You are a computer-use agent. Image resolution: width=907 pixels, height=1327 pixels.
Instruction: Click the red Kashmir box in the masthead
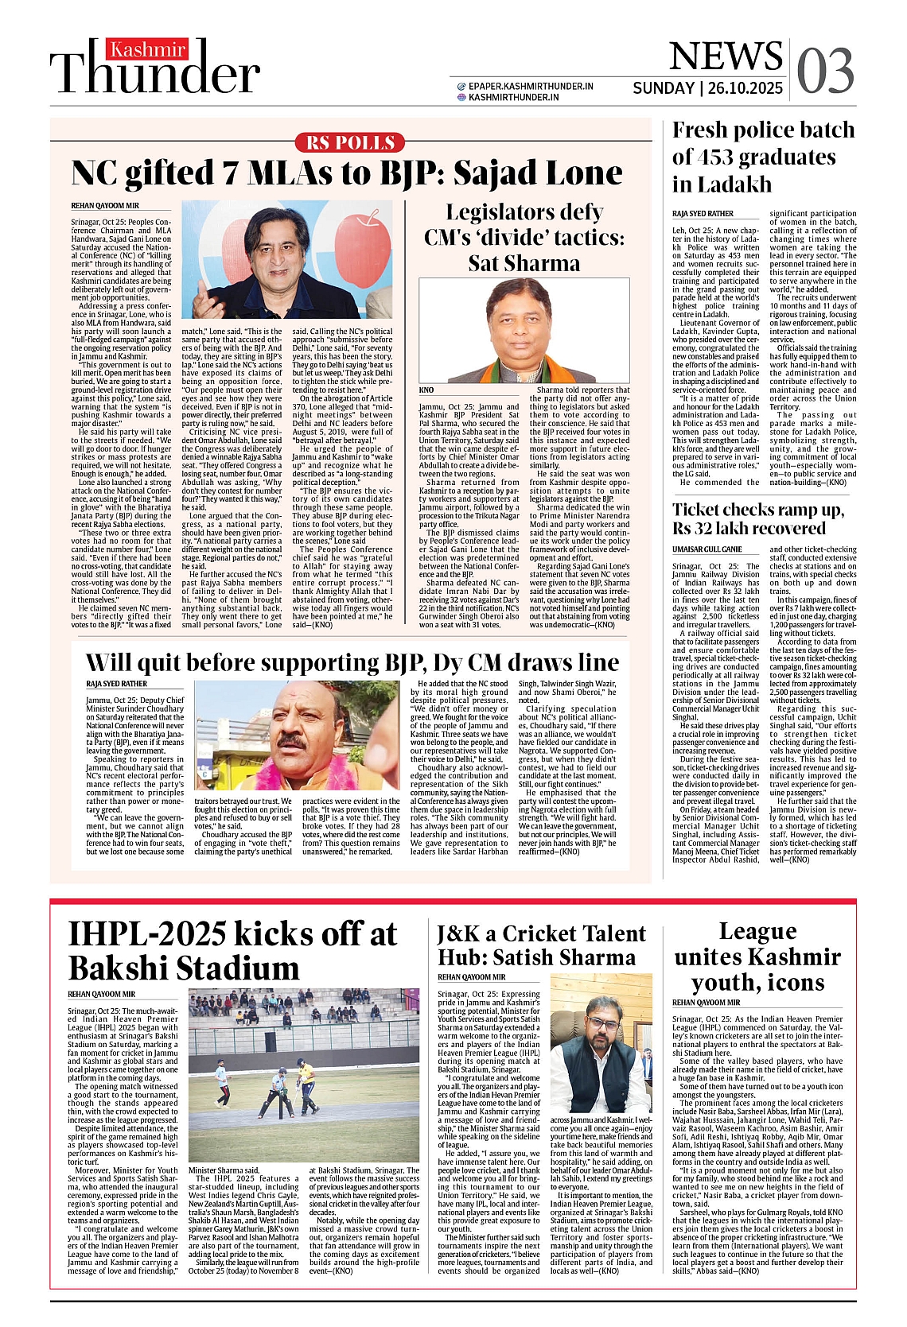pos(148,49)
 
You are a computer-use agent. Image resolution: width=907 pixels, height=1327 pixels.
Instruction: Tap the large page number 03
pos(825,70)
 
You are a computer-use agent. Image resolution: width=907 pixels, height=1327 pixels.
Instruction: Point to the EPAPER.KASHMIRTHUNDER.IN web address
pos(531,86)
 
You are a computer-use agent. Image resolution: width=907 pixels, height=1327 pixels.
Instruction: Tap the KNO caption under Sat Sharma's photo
pos(426,390)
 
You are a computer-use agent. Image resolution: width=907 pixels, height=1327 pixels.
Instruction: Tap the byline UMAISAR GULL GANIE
pos(707,549)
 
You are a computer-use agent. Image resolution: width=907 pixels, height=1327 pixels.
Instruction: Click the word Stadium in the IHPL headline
pos(234,968)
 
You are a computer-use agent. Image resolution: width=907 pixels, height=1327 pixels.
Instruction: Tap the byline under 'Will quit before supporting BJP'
pos(116,684)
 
